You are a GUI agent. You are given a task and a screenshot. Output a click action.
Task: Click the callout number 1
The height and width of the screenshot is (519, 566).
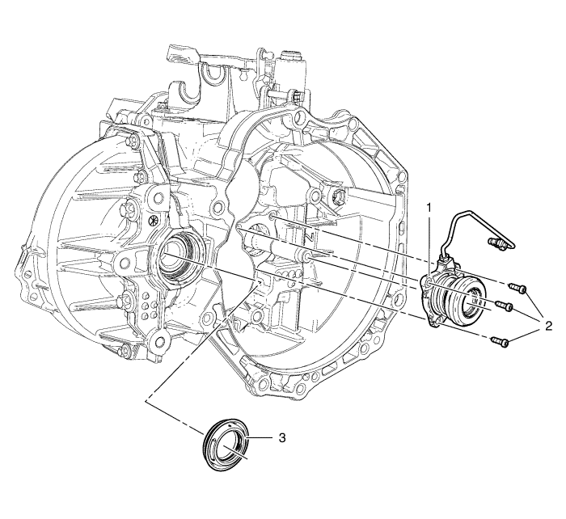pos(429,208)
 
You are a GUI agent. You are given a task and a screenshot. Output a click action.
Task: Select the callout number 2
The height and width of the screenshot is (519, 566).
pos(548,327)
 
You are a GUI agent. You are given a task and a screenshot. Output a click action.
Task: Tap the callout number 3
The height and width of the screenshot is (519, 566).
pos(283,438)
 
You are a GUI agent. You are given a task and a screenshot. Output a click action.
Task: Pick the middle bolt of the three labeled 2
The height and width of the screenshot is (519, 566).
pos(505,306)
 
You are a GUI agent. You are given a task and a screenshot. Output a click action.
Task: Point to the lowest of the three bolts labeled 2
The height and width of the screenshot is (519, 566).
pos(500,340)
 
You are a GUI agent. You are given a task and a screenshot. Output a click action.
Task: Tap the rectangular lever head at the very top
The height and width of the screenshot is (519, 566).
pos(181,54)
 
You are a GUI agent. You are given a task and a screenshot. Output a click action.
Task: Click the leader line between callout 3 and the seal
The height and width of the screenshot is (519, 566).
pos(260,438)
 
